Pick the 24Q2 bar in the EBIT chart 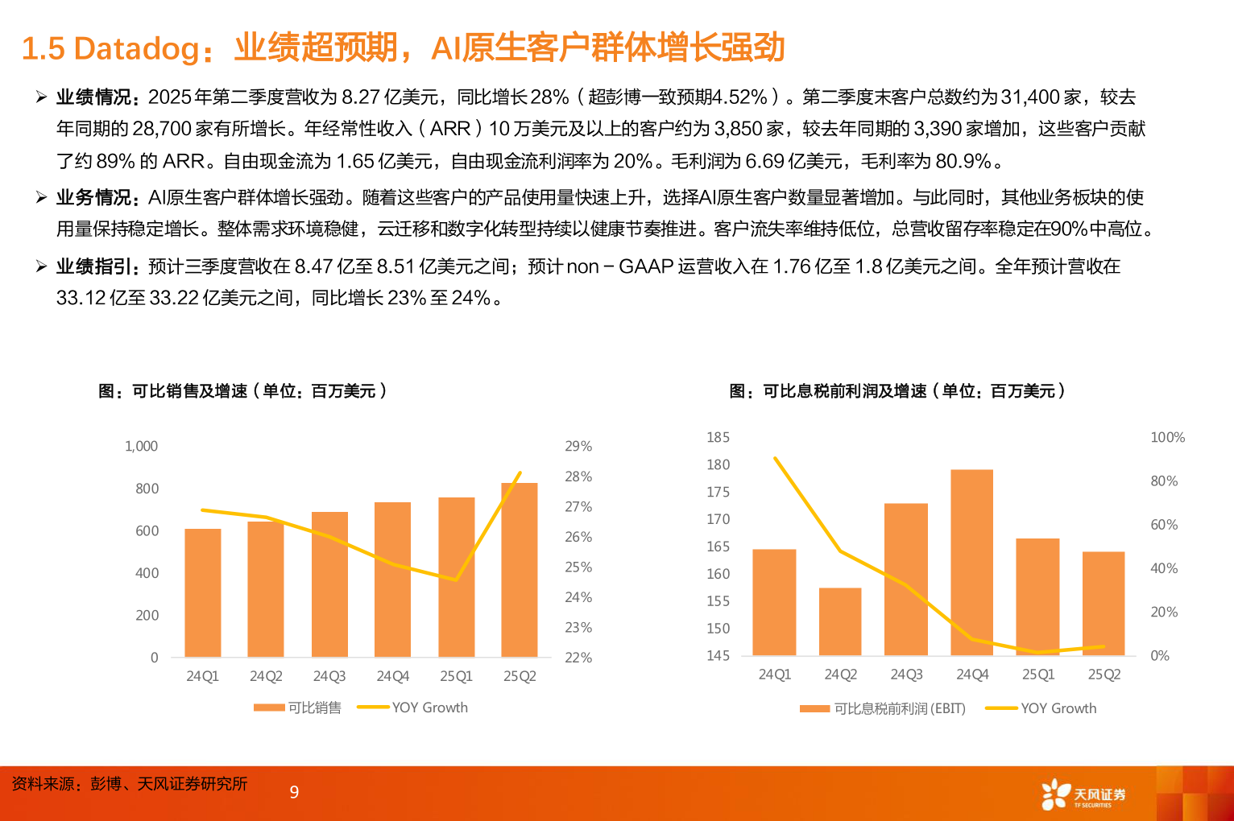point(840,621)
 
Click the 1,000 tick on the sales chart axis point(141,446)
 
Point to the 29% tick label point(578,446)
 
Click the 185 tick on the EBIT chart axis point(718,437)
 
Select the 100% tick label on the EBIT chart point(1167,437)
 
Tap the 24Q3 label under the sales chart point(329,676)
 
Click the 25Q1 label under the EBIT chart point(1037,675)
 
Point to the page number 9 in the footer point(294,792)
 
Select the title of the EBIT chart point(897,391)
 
